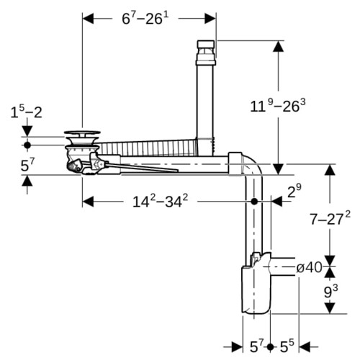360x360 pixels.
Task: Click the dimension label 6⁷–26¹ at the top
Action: click(x=145, y=19)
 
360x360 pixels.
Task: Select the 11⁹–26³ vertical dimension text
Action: click(x=278, y=106)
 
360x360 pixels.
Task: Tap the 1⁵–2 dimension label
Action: click(x=26, y=112)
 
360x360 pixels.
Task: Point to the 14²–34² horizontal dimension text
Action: click(x=160, y=201)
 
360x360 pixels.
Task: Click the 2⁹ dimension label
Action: click(x=294, y=191)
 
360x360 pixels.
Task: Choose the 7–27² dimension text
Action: click(x=330, y=218)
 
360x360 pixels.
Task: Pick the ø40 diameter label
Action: click(x=309, y=267)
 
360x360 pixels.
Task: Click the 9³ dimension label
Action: click(x=330, y=291)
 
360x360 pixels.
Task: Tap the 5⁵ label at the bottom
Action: click(x=287, y=346)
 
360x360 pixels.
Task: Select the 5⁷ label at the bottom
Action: click(x=257, y=346)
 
